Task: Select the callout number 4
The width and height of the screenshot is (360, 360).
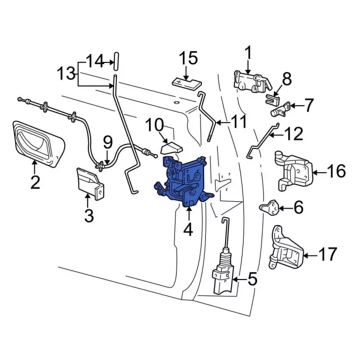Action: (x=187, y=229)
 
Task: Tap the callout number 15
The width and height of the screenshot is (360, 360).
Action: (x=188, y=58)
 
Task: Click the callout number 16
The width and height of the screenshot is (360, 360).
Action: (x=336, y=170)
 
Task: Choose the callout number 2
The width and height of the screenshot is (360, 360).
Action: (x=35, y=182)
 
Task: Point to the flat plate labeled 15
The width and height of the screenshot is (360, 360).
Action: (x=186, y=82)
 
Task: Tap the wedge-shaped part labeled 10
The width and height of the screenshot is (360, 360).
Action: (x=171, y=147)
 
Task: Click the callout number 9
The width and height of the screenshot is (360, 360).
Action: (x=107, y=141)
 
